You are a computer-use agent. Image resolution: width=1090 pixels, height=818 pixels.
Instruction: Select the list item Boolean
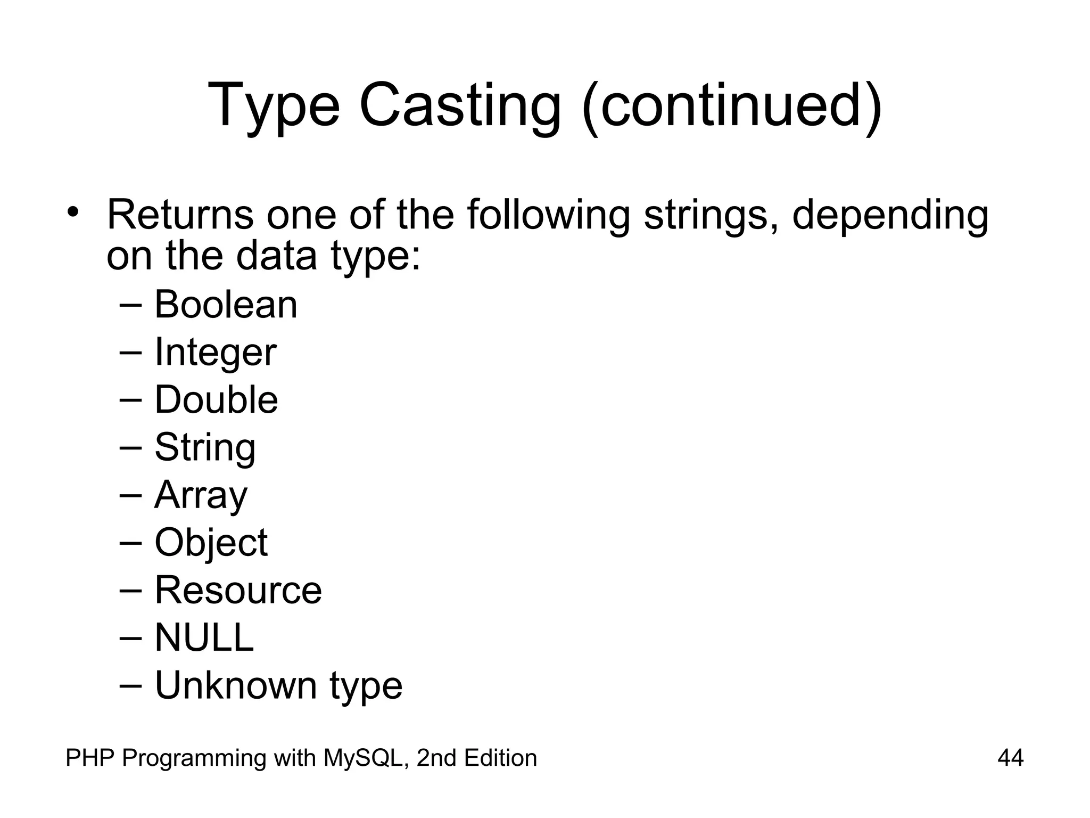226,305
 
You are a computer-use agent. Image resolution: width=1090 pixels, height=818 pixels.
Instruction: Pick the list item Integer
215,353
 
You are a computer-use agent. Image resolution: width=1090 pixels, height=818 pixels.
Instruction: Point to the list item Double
216,400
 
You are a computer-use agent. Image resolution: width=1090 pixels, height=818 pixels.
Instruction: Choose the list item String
205,447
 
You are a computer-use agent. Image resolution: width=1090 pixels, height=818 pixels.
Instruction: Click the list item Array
201,495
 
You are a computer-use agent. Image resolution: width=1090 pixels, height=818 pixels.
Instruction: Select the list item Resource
238,591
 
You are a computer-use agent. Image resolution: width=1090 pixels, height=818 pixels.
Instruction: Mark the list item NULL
204,637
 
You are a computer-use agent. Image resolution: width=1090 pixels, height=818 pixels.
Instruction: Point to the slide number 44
1010,758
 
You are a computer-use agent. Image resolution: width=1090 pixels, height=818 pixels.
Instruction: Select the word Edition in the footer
500,758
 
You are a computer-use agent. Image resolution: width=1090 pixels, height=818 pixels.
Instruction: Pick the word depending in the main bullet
890,216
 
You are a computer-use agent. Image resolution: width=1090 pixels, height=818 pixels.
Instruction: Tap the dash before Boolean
131,305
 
